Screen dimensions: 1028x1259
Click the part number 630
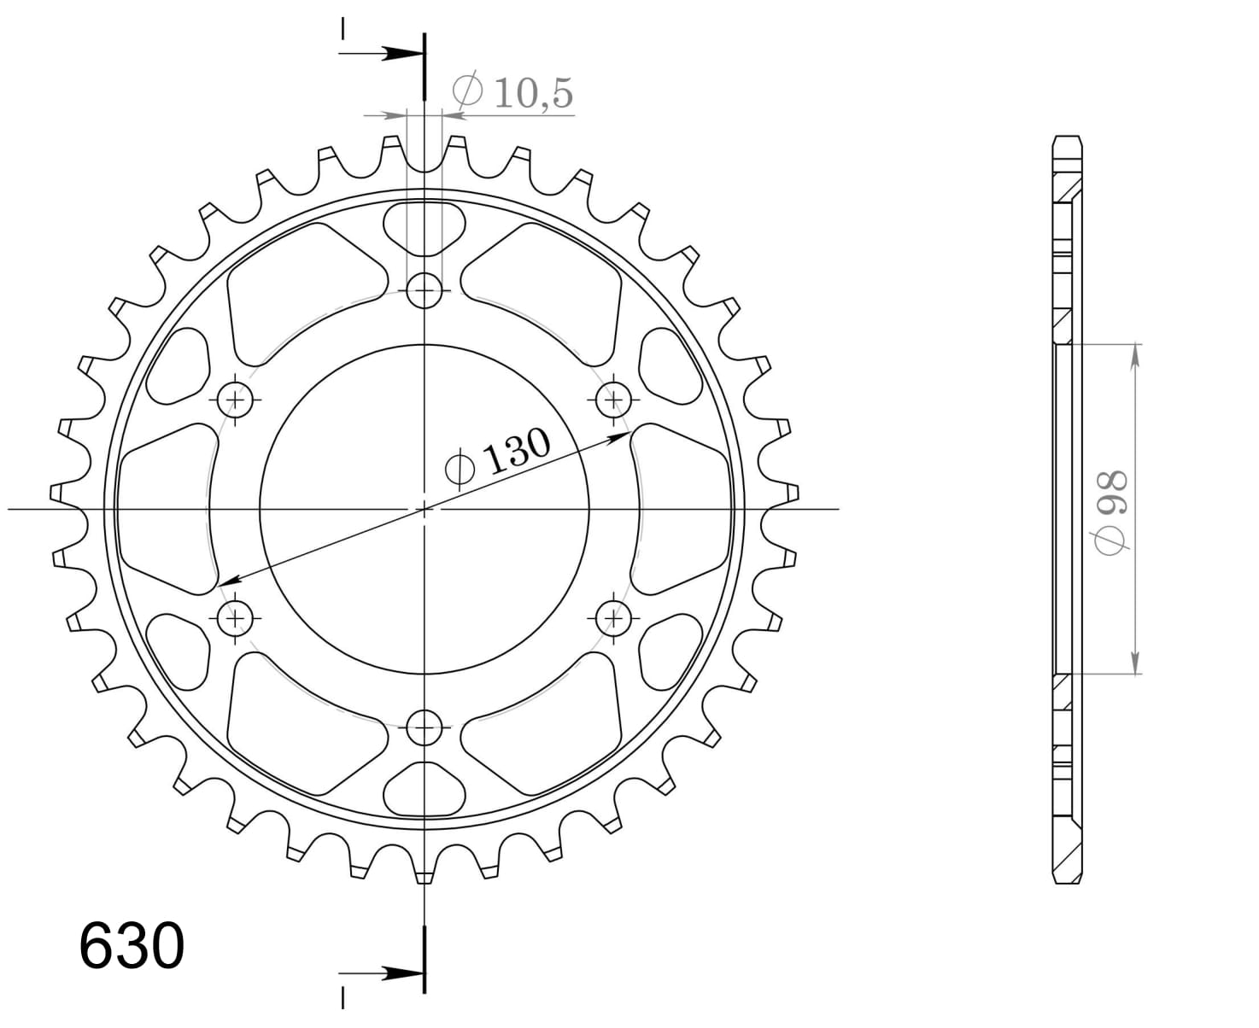132,946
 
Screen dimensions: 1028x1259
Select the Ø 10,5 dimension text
512,92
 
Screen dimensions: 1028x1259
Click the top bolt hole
425,290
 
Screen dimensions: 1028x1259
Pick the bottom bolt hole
425,727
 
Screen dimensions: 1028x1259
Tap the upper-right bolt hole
612,398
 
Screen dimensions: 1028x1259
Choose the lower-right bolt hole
612,616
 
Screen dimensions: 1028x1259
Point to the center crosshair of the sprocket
425,509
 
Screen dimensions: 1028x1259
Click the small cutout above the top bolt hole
425,225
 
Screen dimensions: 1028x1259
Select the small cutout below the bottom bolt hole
425,791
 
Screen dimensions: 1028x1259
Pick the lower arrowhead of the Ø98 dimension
1135,662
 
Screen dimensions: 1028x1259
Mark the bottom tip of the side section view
1068,881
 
